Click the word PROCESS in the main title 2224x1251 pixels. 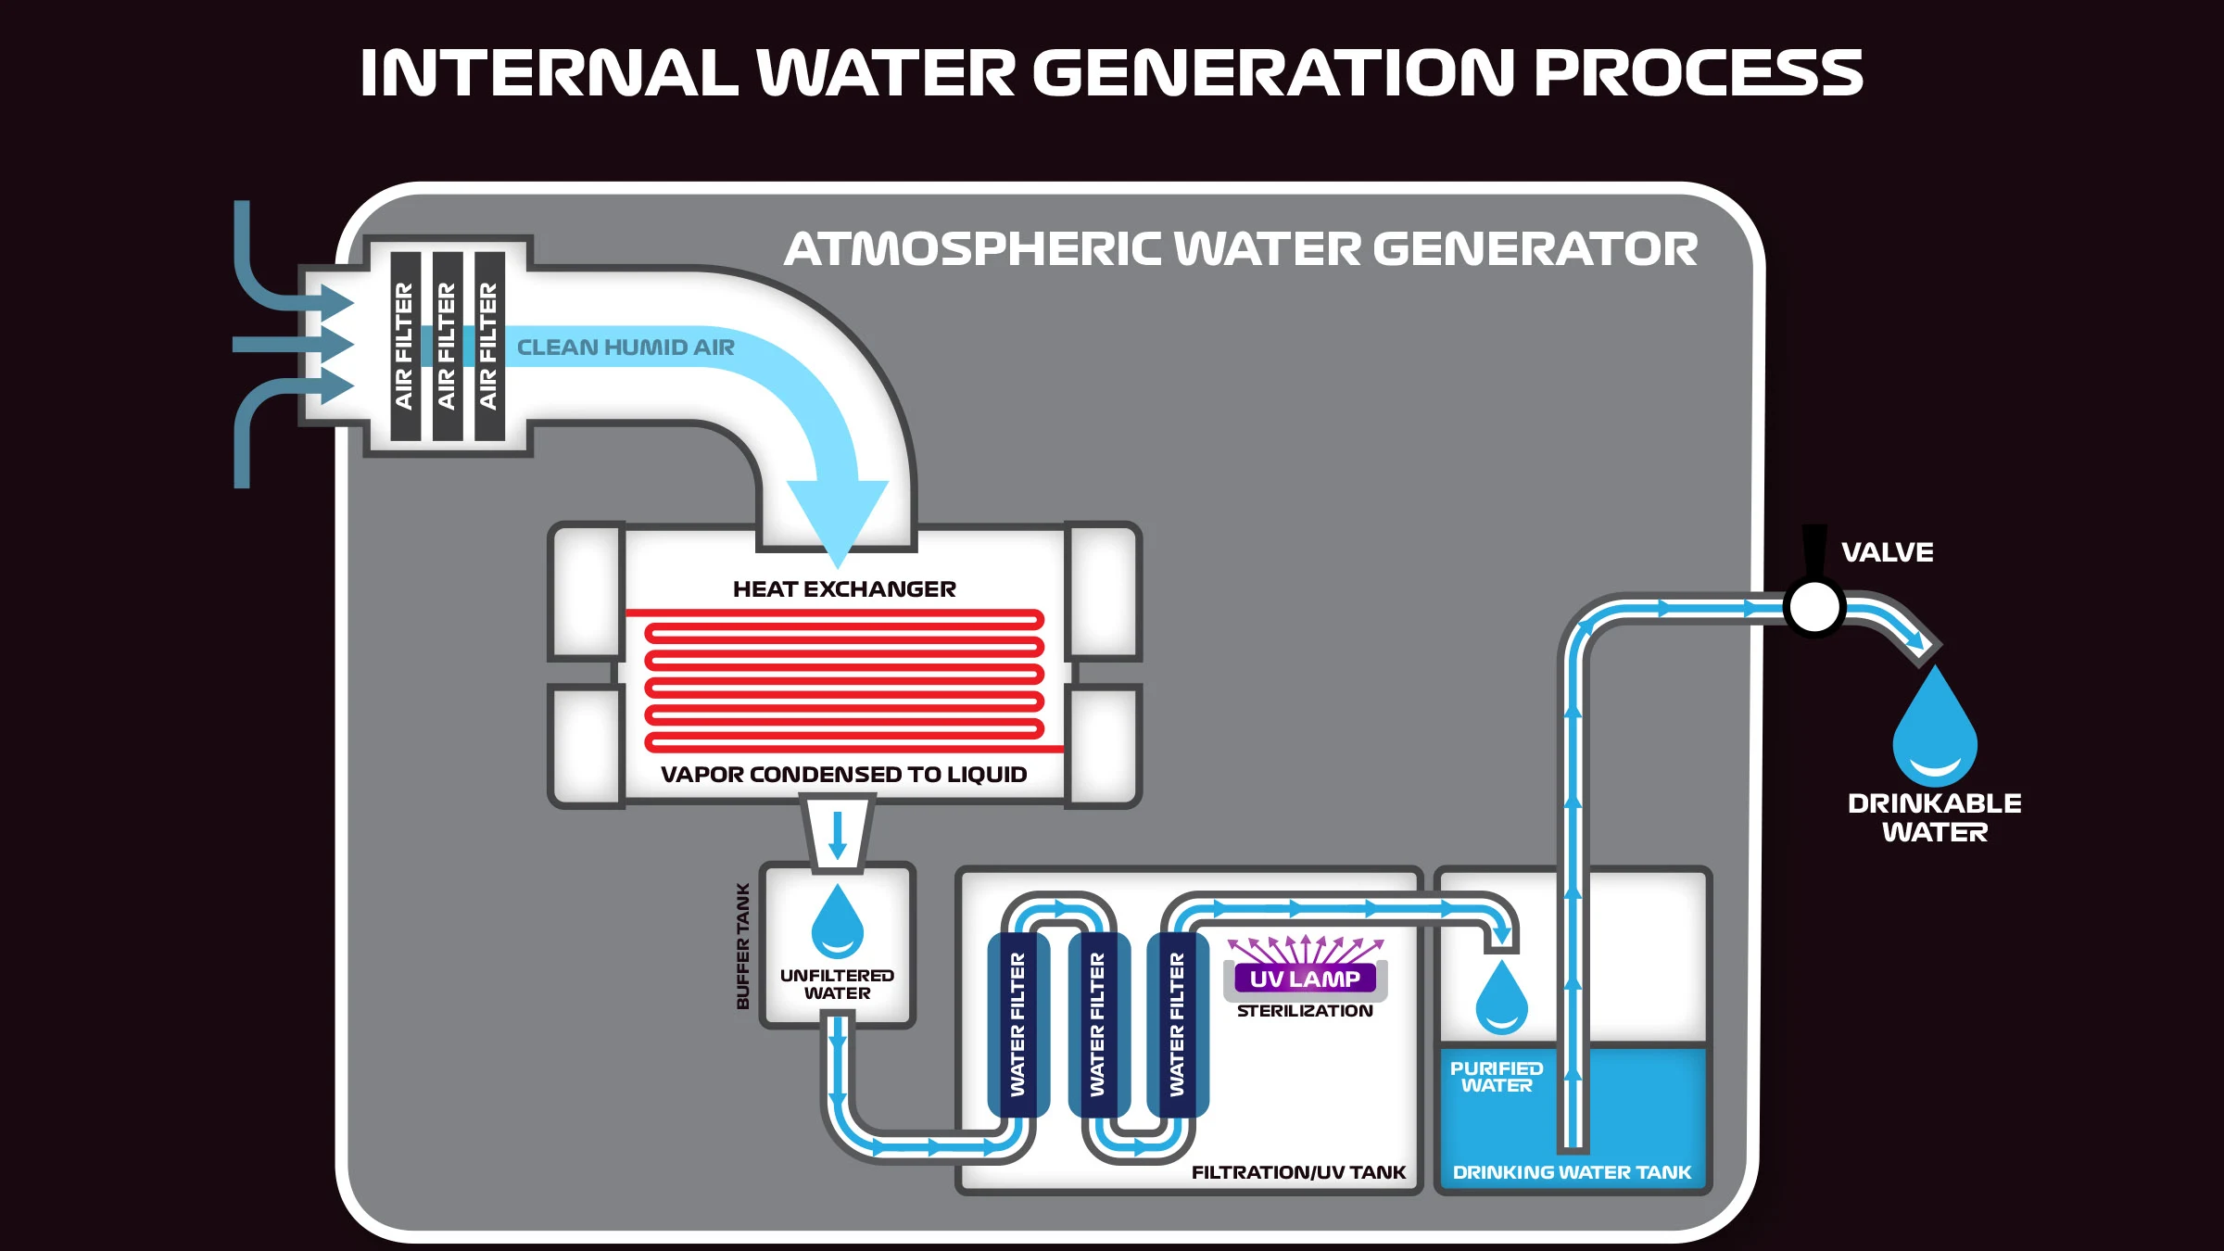click(1698, 73)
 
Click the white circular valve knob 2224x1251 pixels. click(1813, 608)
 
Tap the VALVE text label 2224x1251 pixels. click(1887, 552)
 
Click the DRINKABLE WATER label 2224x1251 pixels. click(1935, 817)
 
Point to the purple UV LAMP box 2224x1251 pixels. click(1305, 979)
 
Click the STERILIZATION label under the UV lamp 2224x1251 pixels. click(1305, 1011)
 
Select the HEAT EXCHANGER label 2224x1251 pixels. click(844, 589)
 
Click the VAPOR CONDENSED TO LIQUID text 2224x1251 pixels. click(843, 775)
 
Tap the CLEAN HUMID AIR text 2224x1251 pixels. click(625, 347)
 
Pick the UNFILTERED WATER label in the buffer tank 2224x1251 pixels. click(837, 984)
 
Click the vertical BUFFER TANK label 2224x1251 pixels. click(742, 946)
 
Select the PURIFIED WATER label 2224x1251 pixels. click(1497, 1077)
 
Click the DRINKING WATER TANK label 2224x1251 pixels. click(1572, 1172)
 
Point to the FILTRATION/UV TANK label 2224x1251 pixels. click(1298, 1172)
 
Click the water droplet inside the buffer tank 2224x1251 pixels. click(838, 923)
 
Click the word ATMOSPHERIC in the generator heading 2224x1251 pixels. click(973, 249)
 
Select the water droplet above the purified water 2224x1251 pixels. click(1501, 999)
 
